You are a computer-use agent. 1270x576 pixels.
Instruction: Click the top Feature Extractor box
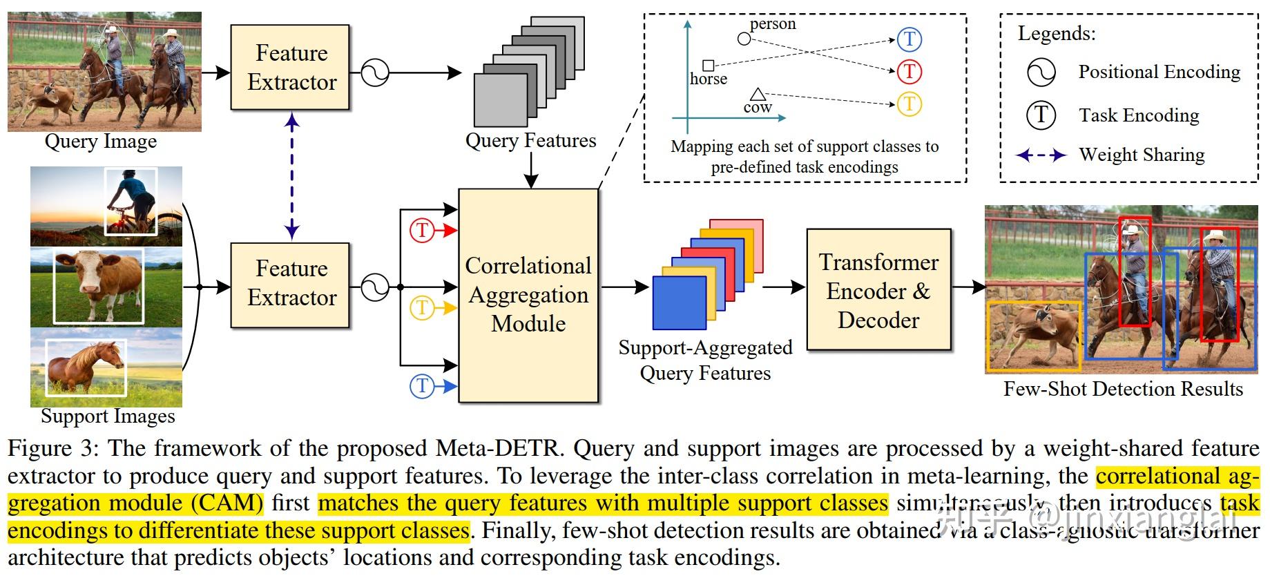(x=290, y=67)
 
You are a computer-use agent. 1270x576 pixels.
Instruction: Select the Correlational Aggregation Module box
(x=528, y=295)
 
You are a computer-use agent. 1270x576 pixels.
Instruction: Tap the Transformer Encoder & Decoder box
(x=878, y=290)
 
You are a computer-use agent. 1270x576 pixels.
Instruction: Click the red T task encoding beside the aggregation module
(x=421, y=230)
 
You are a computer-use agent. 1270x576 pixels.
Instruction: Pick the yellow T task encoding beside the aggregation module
(x=421, y=307)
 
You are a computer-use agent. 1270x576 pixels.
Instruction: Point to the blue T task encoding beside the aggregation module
(x=421, y=385)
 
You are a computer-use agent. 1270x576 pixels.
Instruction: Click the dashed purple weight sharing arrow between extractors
(x=292, y=176)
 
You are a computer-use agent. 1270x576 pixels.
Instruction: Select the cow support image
(x=106, y=287)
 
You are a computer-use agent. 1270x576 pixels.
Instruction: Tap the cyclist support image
(x=106, y=206)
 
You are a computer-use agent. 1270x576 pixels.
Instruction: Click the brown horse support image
(x=106, y=367)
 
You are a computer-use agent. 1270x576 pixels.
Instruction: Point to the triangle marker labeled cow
(x=758, y=94)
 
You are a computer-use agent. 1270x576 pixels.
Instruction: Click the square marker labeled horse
(x=708, y=66)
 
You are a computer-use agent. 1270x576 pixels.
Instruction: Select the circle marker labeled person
(x=744, y=39)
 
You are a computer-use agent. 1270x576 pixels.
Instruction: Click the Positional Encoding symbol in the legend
(x=1041, y=72)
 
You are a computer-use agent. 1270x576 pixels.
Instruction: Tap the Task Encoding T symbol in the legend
(x=1041, y=115)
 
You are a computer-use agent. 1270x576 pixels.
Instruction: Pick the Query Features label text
(x=530, y=141)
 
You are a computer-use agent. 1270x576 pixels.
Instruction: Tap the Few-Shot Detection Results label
(x=1122, y=389)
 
